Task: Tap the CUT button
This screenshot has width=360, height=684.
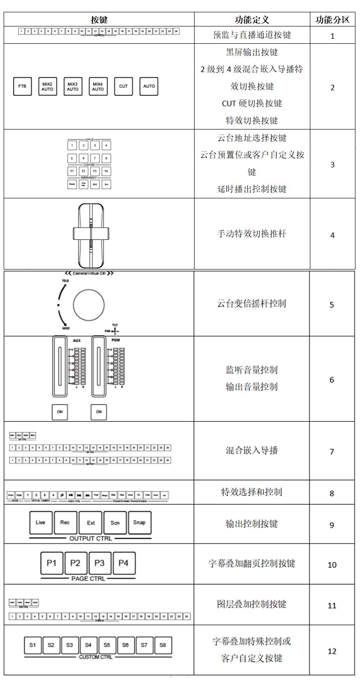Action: tap(123, 86)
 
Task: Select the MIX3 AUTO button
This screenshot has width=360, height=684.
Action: tap(72, 86)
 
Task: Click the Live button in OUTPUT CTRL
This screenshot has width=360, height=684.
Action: tap(41, 523)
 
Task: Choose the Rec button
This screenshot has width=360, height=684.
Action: tap(65, 523)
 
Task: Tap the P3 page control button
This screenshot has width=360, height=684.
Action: tap(99, 563)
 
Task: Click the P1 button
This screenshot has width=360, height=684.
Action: tap(51, 563)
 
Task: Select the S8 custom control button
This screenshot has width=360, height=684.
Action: tap(163, 645)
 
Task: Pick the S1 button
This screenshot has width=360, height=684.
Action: tap(32, 645)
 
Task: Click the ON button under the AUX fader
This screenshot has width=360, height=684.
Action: tap(60, 411)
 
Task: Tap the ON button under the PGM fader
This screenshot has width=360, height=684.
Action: tap(99, 411)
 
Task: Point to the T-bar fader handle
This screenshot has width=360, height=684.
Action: tap(91, 233)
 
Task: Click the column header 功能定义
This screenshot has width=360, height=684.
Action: tap(252, 20)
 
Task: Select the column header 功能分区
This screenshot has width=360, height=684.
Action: tap(332, 20)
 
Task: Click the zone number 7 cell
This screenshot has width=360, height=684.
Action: tap(332, 451)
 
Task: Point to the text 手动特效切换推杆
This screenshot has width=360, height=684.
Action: tap(252, 234)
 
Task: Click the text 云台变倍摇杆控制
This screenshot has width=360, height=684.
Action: tap(252, 304)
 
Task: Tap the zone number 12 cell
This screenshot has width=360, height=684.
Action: tap(332, 651)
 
